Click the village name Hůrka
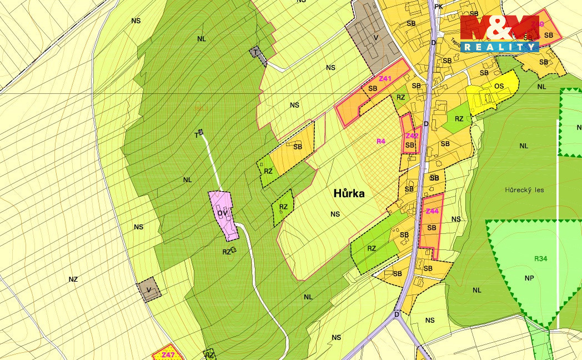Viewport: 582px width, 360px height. tap(349, 193)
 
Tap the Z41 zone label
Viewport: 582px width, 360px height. tap(385, 79)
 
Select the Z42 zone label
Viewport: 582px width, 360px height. tap(412, 136)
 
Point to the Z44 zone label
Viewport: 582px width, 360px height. tap(432, 211)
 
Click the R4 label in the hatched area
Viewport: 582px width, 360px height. tap(380, 141)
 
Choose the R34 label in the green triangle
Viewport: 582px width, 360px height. tap(540, 258)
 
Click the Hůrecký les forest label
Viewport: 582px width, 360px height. tap(524, 190)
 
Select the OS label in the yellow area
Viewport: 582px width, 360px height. tap(499, 86)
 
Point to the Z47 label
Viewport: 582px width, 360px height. tap(168, 354)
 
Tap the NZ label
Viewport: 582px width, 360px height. tap(73, 279)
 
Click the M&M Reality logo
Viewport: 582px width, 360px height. tap(500, 33)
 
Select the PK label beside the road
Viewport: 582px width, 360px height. tap(438, 7)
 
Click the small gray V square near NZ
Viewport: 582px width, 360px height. tap(149, 290)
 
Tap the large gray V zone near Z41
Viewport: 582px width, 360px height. tap(376, 38)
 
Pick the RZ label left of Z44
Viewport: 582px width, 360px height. tap(372, 248)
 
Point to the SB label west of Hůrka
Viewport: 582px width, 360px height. tap(298, 147)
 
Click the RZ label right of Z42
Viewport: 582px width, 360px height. tap(459, 119)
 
